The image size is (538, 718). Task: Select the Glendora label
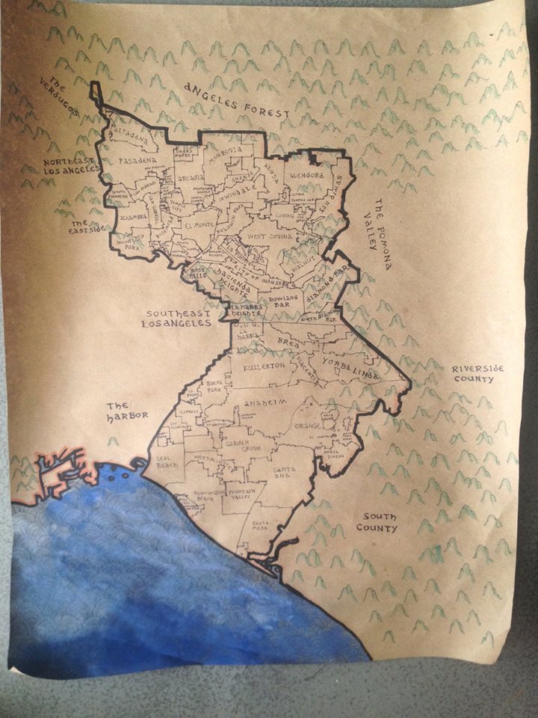tap(306, 175)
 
